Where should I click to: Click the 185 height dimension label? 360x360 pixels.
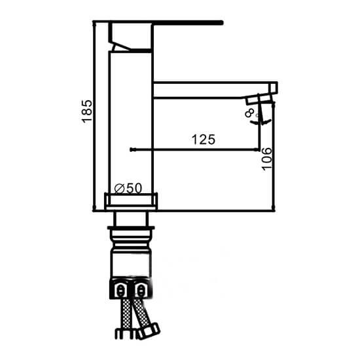(x=88, y=111)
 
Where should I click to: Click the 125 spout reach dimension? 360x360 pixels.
(x=204, y=140)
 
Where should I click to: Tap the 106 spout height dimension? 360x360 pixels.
(x=267, y=159)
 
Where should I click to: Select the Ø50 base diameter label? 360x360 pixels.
(x=128, y=189)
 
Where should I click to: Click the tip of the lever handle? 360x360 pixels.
(x=222, y=22)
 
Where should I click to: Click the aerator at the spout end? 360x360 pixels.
(x=260, y=101)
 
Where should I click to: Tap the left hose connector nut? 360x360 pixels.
(x=119, y=291)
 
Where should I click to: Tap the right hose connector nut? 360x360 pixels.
(x=141, y=291)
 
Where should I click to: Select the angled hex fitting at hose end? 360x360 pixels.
(x=148, y=331)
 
